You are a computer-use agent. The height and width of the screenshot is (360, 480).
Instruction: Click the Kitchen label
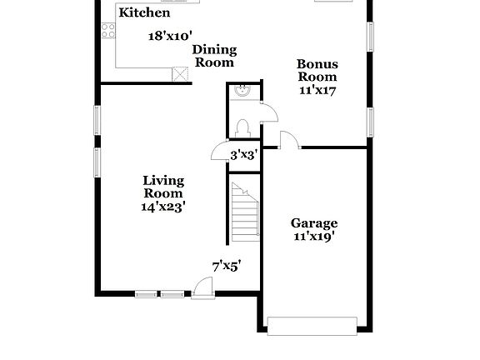coord(144,12)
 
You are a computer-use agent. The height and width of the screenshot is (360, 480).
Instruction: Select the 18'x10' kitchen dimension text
coord(170,36)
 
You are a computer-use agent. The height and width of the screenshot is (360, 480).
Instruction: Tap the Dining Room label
coord(214,56)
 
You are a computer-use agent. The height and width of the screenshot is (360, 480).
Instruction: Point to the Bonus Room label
coord(317,69)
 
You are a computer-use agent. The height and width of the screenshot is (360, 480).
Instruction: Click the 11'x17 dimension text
coord(317,90)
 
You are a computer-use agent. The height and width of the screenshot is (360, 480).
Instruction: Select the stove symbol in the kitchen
coord(107,31)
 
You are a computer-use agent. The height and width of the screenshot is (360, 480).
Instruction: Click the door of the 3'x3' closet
coord(220,151)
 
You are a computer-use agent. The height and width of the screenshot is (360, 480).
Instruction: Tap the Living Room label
coord(163,187)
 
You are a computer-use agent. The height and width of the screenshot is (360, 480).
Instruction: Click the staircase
coord(245,212)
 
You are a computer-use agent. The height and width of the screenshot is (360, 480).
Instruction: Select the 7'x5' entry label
coord(226,266)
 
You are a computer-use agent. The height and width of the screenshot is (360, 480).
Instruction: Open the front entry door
coord(202,287)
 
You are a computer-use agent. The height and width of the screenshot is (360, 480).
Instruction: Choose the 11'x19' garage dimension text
coord(314,237)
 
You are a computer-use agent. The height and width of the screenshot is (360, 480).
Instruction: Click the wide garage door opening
coord(312,324)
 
